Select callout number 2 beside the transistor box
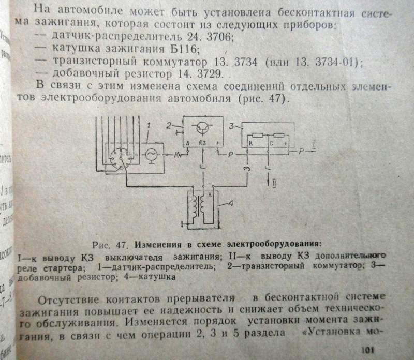[169, 126]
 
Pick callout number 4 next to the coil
[231, 204]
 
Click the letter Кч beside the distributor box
[178, 154]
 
